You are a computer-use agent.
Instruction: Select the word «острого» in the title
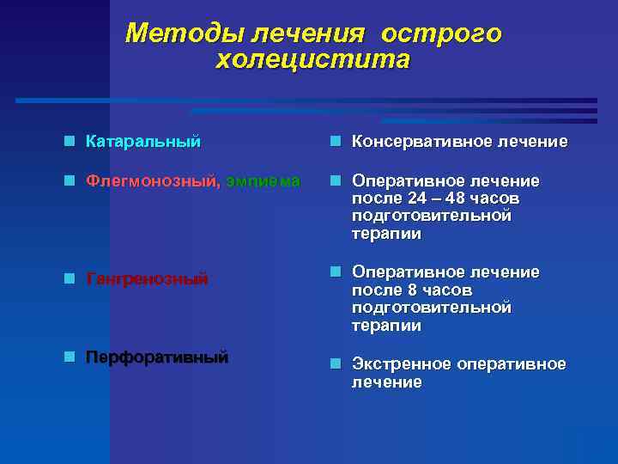coord(441,34)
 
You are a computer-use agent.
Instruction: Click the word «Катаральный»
coord(142,141)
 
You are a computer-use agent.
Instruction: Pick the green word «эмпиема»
coord(264,181)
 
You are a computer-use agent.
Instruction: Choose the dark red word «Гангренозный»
coord(147,279)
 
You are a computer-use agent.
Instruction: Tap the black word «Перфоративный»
coord(156,357)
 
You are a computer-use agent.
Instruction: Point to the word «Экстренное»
coord(401,364)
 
